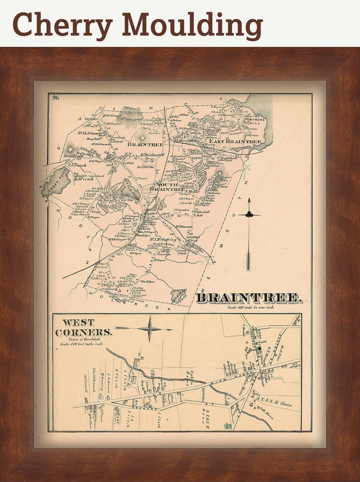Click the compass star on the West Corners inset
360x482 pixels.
point(150,329)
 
